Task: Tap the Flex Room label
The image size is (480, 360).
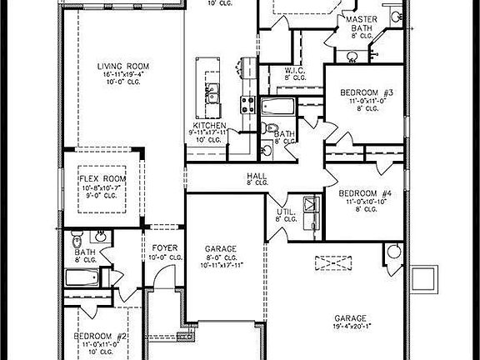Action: (102, 178)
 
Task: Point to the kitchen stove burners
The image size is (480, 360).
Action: (247, 104)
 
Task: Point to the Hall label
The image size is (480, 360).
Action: (256, 176)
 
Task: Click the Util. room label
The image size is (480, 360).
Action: (285, 212)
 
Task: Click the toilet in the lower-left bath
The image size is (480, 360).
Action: (77, 237)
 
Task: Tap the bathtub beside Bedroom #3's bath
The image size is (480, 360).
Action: (277, 107)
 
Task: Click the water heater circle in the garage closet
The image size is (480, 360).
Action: (393, 252)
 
